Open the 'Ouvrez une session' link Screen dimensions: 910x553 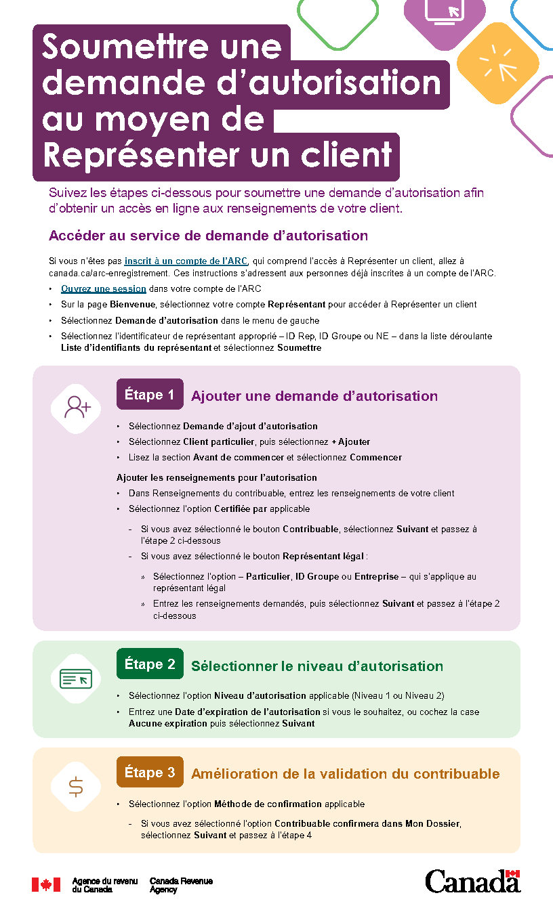(x=104, y=288)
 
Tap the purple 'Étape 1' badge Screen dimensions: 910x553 (x=150, y=395)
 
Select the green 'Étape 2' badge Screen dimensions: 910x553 (x=150, y=664)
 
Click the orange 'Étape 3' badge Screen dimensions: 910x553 (x=150, y=772)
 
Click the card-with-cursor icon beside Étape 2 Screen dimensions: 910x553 (x=76, y=677)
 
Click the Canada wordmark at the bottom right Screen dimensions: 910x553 (x=472, y=882)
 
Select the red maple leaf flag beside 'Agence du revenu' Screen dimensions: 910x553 (x=46, y=884)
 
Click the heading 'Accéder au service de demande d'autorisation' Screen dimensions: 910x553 (x=208, y=236)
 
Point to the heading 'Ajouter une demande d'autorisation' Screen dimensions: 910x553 (x=314, y=396)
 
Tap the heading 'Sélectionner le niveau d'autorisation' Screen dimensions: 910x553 (x=317, y=666)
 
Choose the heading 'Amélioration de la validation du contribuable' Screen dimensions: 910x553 (x=346, y=773)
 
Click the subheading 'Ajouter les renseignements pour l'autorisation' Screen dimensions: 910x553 (x=217, y=478)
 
